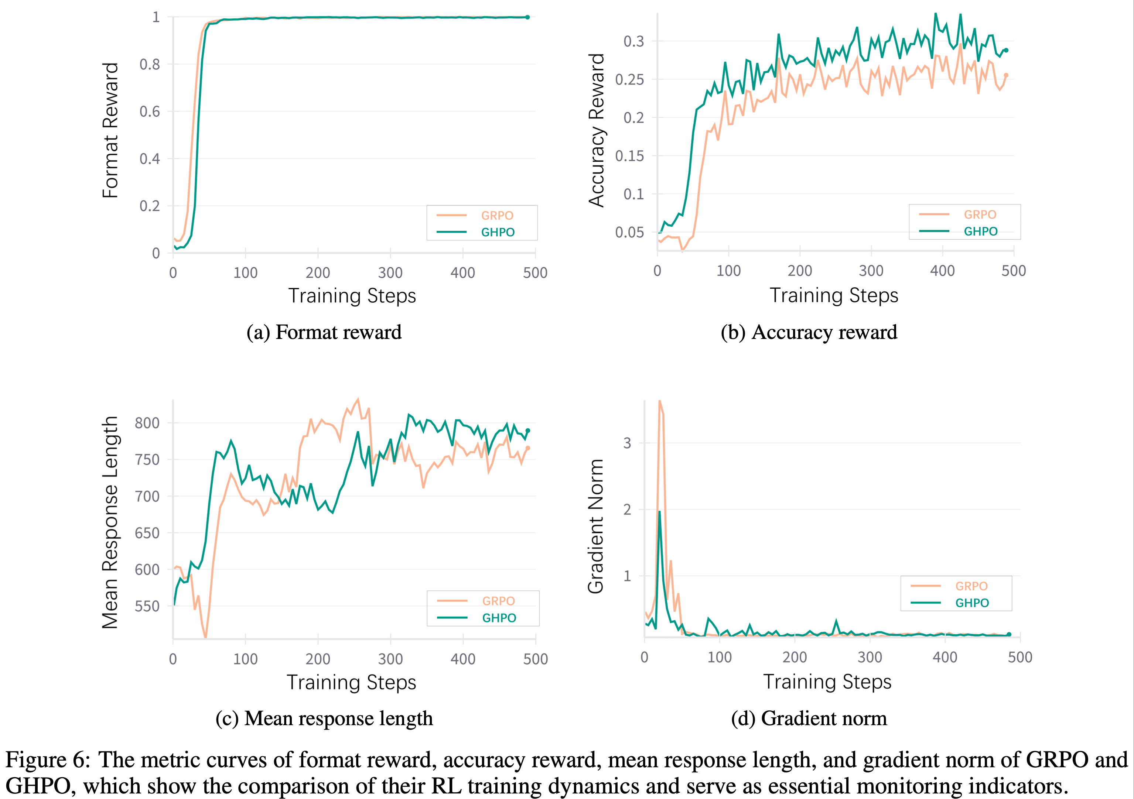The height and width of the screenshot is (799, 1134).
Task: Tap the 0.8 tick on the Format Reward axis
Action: point(150,64)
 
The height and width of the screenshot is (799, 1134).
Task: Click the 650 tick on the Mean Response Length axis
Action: point(147,533)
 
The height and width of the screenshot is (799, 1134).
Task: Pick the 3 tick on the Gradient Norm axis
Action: point(627,443)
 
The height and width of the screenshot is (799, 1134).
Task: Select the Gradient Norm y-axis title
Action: point(596,526)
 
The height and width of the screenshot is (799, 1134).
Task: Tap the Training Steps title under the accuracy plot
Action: point(834,295)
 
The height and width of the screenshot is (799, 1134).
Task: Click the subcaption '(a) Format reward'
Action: point(324,332)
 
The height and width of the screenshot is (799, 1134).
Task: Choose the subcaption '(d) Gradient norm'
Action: point(809,719)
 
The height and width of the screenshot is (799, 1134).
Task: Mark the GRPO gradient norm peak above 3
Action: point(660,401)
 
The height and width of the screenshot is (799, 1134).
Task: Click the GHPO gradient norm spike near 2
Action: point(659,512)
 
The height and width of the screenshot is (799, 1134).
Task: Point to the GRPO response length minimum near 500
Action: point(205,637)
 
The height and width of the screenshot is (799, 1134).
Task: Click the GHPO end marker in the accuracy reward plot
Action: point(1006,50)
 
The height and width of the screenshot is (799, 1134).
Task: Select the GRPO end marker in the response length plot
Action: point(527,448)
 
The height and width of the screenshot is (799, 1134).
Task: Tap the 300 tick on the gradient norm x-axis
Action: point(870,657)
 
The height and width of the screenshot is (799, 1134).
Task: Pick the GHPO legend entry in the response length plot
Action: point(499,618)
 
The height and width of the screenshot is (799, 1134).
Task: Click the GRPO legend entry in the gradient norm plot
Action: point(971,586)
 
